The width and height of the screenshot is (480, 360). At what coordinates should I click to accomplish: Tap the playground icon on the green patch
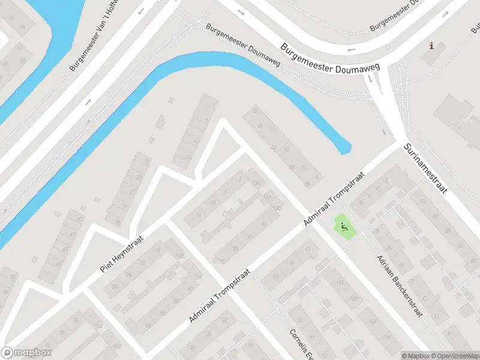click(x=343, y=227)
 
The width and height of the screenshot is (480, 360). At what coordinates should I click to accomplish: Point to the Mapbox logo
click(x=26, y=353)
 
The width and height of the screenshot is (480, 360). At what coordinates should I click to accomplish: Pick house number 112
click(x=339, y=283)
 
